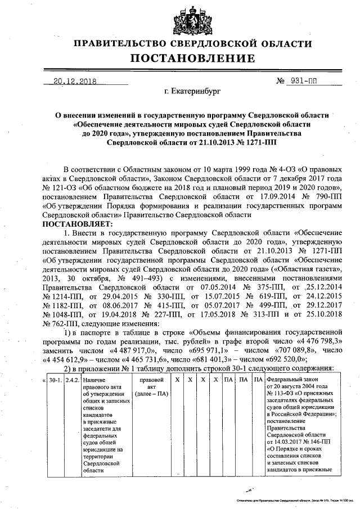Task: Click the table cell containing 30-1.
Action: (55, 381)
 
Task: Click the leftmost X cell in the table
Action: (176, 381)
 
